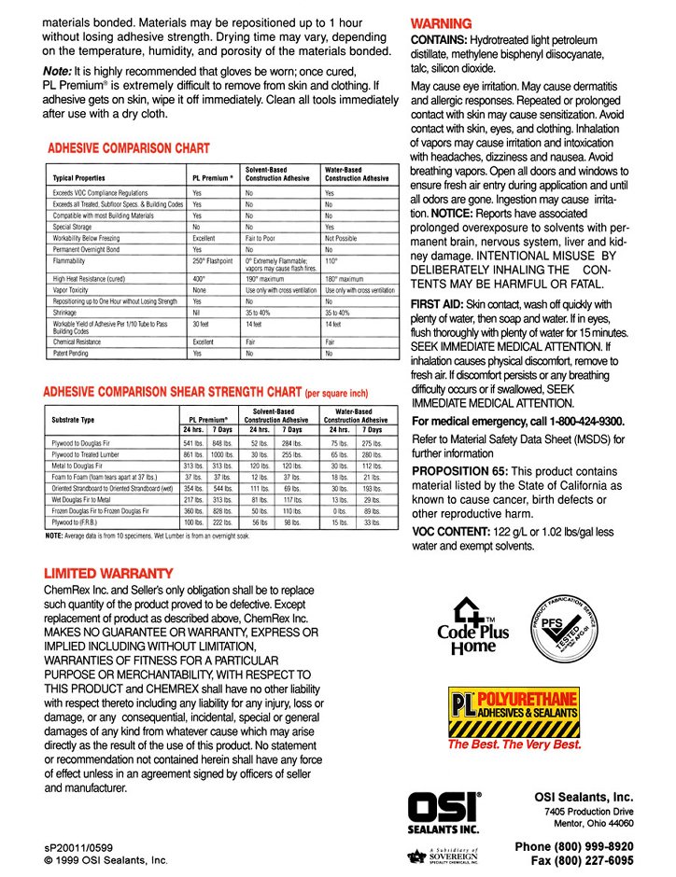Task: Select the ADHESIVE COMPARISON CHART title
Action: tap(129, 148)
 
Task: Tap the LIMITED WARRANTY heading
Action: tap(108, 572)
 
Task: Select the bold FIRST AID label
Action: tap(439, 305)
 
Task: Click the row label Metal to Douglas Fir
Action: tap(90, 465)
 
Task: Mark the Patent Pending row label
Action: tap(77, 354)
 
